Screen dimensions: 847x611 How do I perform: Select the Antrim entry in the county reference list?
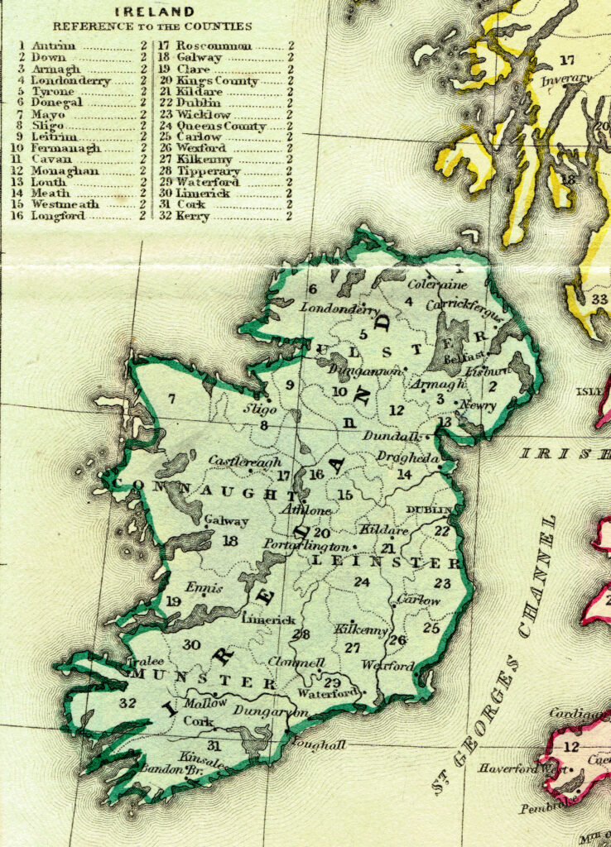pyautogui.click(x=53, y=46)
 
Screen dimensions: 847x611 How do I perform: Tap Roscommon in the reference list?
pyautogui.click(x=214, y=46)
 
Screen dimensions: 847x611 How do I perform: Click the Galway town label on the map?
pyautogui.click(x=226, y=522)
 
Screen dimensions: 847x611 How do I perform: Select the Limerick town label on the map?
pyautogui.click(x=269, y=620)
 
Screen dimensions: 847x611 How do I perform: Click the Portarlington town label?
pyautogui.click(x=306, y=547)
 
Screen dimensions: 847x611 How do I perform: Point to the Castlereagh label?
pyautogui.click(x=245, y=462)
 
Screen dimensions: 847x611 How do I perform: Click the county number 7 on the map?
pyautogui.click(x=171, y=400)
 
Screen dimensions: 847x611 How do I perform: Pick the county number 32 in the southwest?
pyautogui.click(x=127, y=703)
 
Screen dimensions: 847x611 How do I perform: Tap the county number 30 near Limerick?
pyautogui.click(x=192, y=644)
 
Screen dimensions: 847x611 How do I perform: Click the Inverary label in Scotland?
pyautogui.click(x=566, y=79)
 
